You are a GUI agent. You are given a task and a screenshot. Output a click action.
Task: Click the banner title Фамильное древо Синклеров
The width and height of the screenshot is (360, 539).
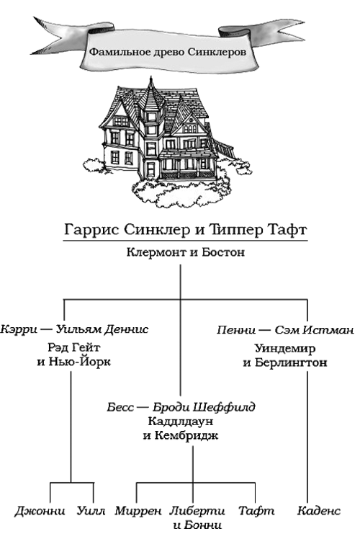coord(168,52)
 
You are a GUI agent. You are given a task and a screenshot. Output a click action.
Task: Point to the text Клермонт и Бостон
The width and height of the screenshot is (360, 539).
coord(186,252)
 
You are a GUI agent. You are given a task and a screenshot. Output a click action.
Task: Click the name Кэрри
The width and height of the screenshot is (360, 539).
coord(19,329)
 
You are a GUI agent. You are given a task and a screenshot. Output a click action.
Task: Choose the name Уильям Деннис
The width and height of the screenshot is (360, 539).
coord(102,329)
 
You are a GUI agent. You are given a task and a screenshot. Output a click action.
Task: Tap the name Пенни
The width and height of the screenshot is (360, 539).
coord(236,330)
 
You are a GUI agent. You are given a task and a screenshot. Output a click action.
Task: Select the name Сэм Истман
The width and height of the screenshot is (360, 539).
coord(314,330)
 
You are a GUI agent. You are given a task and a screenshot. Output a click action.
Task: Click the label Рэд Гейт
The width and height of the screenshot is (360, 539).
coord(74,347)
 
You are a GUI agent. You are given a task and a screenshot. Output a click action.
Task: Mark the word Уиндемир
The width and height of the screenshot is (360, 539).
coord(285,348)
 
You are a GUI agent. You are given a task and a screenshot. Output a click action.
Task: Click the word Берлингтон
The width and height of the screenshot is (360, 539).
coord(291,362)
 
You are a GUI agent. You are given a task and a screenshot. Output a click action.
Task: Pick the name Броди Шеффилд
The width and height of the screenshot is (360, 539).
coord(204,407)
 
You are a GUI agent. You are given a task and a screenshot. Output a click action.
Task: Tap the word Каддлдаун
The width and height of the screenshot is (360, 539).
coord(181,421)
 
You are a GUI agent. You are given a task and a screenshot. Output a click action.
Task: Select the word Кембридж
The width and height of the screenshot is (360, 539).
coord(186,436)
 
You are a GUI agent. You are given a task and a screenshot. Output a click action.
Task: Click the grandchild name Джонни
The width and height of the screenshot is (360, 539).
coord(40,511)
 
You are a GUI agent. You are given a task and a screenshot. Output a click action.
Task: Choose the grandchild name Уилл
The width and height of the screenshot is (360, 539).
coord(91,511)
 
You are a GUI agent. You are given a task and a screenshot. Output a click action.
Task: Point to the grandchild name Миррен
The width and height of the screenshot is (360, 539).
coord(138,511)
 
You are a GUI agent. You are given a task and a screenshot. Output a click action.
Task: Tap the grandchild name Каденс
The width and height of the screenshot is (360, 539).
coord(319,511)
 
